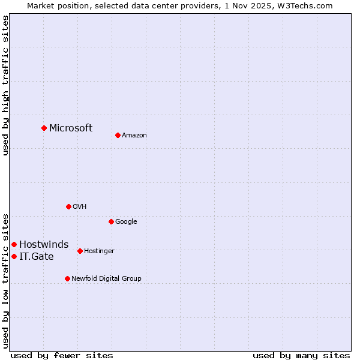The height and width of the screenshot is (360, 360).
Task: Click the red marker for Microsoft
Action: pos(44,128)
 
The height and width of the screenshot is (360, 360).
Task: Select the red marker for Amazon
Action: pos(118,135)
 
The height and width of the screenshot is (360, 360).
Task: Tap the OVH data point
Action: pos(68,206)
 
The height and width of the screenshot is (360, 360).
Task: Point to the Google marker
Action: pos(111,221)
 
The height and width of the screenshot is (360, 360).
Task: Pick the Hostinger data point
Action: pos(80,251)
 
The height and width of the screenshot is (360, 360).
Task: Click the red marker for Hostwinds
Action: pos(14,244)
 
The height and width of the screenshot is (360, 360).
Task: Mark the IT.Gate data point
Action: pos(14,256)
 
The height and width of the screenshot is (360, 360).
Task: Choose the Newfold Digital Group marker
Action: pos(67,278)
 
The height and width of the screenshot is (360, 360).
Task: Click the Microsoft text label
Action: pos(71,128)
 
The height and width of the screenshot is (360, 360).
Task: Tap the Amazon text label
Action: pos(134,136)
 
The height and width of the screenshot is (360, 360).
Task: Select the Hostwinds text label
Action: pos(44,244)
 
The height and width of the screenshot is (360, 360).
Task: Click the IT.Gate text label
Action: pos(37,257)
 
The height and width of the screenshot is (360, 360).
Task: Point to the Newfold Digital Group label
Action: pos(107,278)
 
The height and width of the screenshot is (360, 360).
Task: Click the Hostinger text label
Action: pos(99,251)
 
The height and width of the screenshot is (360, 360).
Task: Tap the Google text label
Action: pos(126,221)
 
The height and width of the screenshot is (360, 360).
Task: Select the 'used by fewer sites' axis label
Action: pos(62,355)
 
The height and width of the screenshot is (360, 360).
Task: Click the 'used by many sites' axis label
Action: pos(301,355)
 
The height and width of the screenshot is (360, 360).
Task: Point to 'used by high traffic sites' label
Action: pos(5,85)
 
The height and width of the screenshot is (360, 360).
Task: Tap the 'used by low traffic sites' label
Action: pos(5,280)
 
